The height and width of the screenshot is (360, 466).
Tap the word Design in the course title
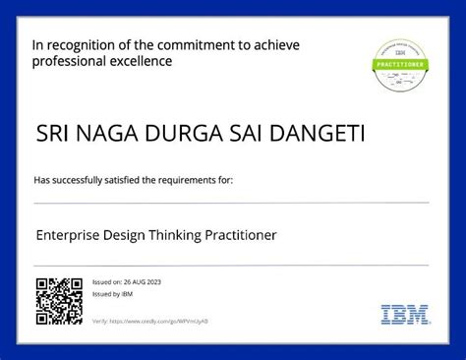click(129, 235)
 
